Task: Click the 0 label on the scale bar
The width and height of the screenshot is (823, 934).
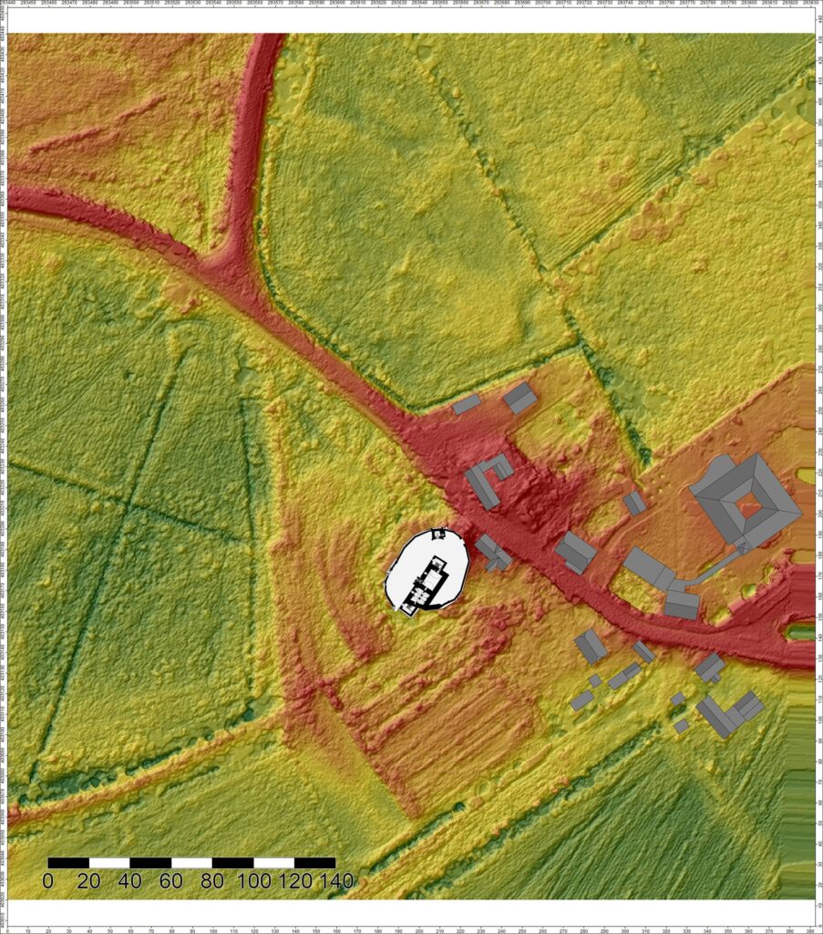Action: [48, 881]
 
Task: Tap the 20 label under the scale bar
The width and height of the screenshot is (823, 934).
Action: [88, 881]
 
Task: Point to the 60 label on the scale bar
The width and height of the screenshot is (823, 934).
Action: [170, 881]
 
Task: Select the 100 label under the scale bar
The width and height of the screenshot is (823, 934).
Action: [253, 881]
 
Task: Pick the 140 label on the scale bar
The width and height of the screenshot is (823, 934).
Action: [334, 881]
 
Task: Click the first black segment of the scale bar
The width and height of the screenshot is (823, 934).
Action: [68, 862]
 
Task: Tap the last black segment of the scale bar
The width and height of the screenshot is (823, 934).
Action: [314, 862]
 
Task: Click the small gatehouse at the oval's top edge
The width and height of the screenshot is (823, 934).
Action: [438, 533]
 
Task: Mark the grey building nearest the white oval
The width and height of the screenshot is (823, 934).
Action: [493, 553]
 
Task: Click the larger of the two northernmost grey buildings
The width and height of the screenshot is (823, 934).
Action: [520, 398]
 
